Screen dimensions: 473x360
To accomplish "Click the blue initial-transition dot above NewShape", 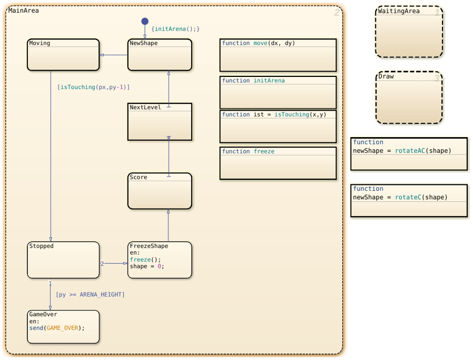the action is pyautogui.click(x=145, y=21).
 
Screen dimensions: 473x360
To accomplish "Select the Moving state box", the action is pyautogui.click(x=63, y=55).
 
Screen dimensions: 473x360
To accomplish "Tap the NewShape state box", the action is pyautogui.click(x=160, y=55).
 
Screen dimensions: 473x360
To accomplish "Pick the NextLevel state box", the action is pyautogui.click(x=160, y=122).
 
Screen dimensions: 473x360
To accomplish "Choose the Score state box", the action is pyautogui.click(x=160, y=191).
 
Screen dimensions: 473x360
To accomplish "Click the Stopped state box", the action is pyautogui.click(x=63, y=260).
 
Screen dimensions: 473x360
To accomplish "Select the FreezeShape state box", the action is pyautogui.click(x=160, y=260).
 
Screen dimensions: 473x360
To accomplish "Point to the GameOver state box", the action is pyautogui.click(x=63, y=327).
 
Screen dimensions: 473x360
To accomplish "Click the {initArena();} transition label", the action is pyautogui.click(x=175, y=29).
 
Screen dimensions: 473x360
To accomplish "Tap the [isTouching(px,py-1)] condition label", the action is pyautogui.click(x=94, y=87).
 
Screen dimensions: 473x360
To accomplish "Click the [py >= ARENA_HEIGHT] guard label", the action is pyautogui.click(x=90, y=295).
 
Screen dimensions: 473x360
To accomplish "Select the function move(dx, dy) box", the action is pyautogui.click(x=278, y=55).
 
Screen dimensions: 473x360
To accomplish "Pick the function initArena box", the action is pyautogui.click(x=278, y=92).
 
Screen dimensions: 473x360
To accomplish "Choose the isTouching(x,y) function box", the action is pyautogui.click(x=278, y=127).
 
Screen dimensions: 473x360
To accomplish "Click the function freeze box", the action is pyautogui.click(x=278, y=163).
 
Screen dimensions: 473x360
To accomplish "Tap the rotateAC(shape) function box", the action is pyautogui.click(x=409, y=154).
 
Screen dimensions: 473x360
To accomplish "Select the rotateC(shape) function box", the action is pyautogui.click(x=409, y=201).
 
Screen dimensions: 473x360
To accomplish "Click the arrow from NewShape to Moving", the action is pyautogui.click(x=113, y=55).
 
